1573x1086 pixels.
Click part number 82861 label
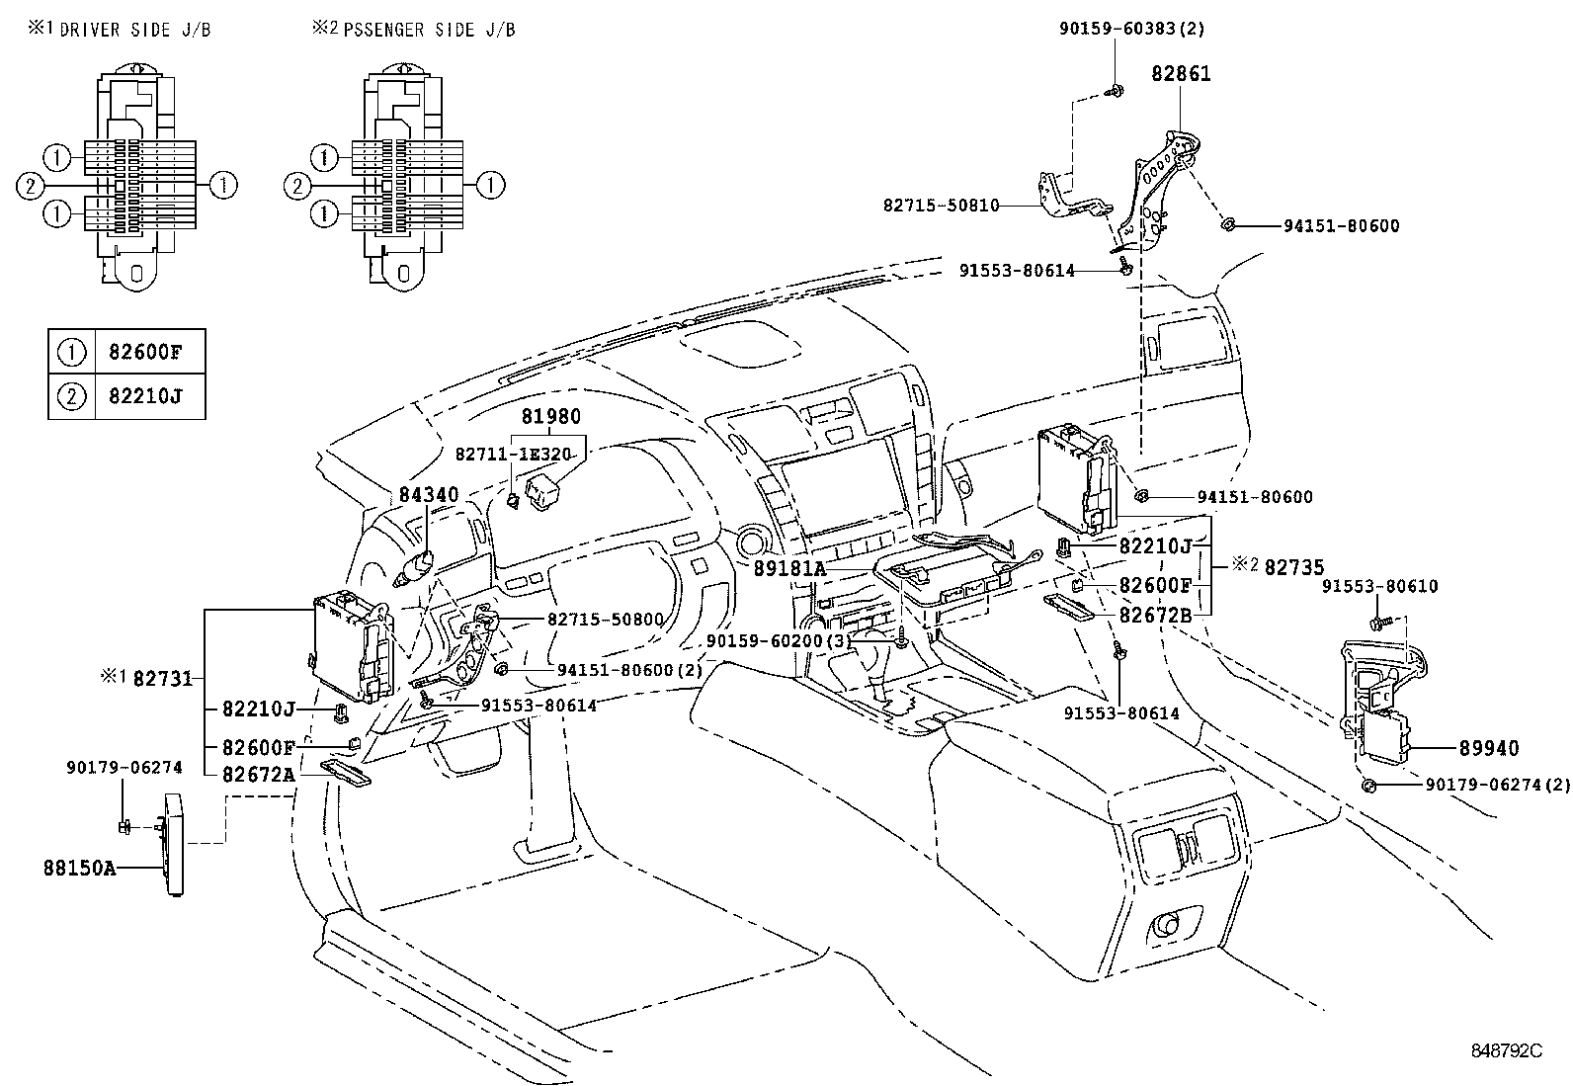click(x=1181, y=73)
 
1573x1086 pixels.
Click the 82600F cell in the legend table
click(x=150, y=351)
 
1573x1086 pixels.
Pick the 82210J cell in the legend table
click(x=150, y=396)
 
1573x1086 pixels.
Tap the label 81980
click(x=550, y=417)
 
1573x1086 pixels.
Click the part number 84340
click(x=429, y=494)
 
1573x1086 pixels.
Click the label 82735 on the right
click(x=1293, y=566)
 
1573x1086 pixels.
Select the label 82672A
click(x=258, y=774)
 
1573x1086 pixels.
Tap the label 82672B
click(x=1155, y=615)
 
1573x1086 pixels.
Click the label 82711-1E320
click(x=513, y=454)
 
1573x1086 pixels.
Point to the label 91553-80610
click(x=1380, y=586)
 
